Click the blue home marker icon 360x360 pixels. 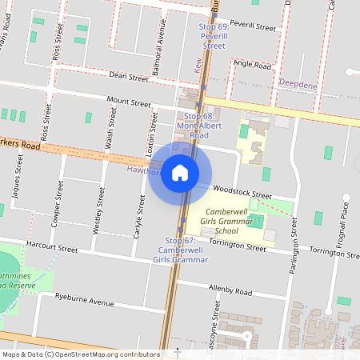point(180,172)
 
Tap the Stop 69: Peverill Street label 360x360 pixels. point(213,37)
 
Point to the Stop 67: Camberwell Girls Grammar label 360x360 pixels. point(180,250)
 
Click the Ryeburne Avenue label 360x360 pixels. point(86,302)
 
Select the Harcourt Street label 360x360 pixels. point(51,249)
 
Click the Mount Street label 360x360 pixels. point(130,103)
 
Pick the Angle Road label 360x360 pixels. point(253,64)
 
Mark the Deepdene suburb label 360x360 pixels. point(299,82)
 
